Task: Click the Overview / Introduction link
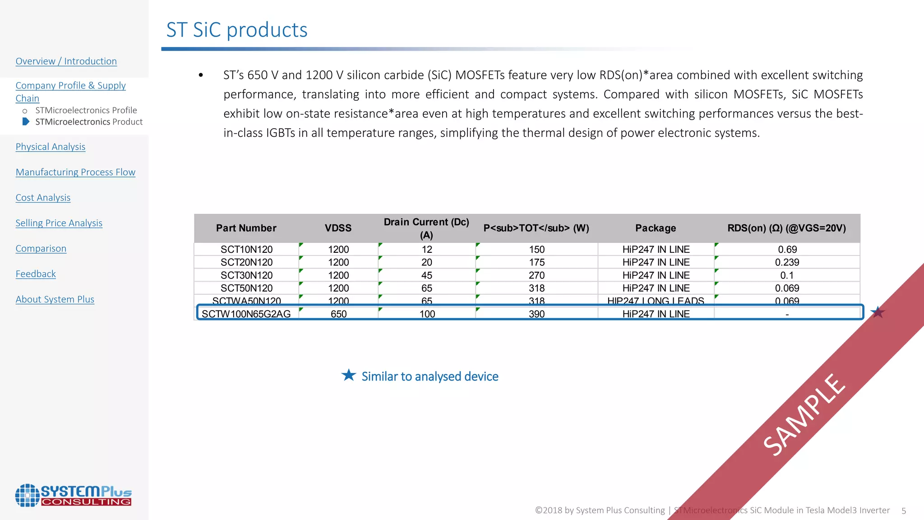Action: click(66, 61)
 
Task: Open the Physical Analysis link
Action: click(50, 147)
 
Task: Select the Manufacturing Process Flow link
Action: click(75, 172)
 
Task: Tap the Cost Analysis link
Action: click(43, 198)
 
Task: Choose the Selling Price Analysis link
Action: click(59, 223)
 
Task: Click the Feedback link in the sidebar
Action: click(36, 274)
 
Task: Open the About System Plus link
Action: click(55, 299)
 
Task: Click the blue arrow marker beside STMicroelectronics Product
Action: click(26, 121)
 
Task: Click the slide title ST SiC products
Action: click(236, 30)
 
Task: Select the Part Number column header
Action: click(246, 228)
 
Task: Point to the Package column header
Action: click(655, 228)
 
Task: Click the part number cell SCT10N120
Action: click(246, 249)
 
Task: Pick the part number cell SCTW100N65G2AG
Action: click(246, 314)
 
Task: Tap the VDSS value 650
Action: click(338, 314)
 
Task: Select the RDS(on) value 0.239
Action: click(787, 262)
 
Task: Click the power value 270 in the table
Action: click(536, 275)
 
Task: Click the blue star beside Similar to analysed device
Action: click(348, 375)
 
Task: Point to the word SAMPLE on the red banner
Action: click(804, 415)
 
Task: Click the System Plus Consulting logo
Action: click(73, 495)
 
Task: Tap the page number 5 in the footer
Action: click(904, 511)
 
